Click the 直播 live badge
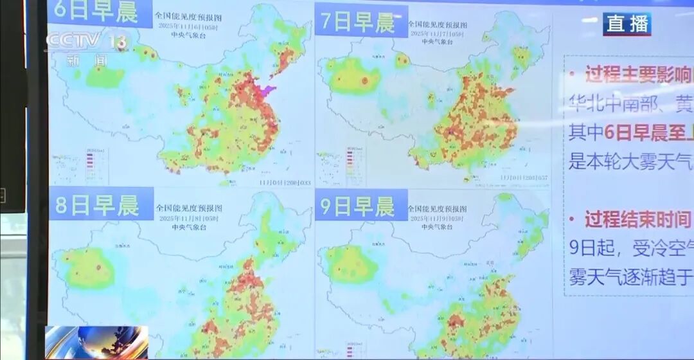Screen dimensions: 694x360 [627, 24]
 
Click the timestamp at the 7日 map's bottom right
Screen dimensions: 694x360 [524, 177]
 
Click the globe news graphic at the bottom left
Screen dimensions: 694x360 [96, 341]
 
